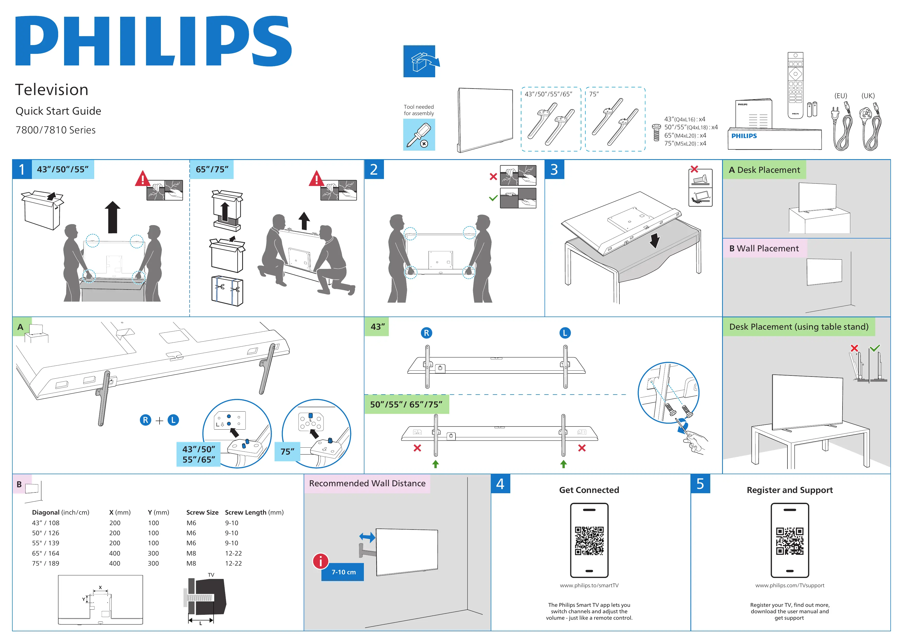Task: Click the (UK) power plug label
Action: [x=868, y=96]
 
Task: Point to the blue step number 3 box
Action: [x=554, y=169]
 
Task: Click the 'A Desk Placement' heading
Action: [x=764, y=170]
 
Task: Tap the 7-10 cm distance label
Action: [x=343, y=572]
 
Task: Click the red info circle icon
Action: [x=321, y=561]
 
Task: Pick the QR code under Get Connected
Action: [x=589, y=541]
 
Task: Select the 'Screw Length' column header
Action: [x=254, y=512]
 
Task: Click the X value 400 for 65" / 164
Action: [x=115, y=553]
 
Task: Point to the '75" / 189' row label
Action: [x=46, y=563]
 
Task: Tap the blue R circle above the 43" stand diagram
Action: [x=426, y=333]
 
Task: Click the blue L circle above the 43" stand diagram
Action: [x=565, y=333]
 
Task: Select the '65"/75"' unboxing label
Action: [x=212, y=169]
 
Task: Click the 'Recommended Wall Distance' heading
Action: [x=367, y=483]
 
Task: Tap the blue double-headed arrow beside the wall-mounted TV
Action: [x=367, y=537]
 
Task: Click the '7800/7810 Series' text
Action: [x=55, y=130]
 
